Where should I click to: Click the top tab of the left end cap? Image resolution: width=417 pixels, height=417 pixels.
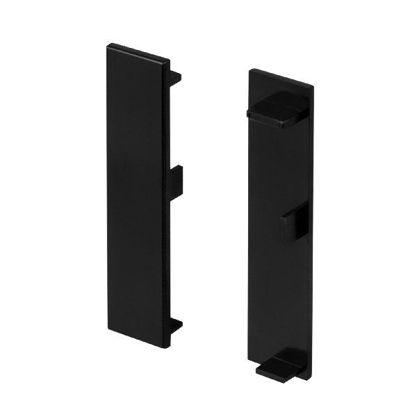pos(177,76)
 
